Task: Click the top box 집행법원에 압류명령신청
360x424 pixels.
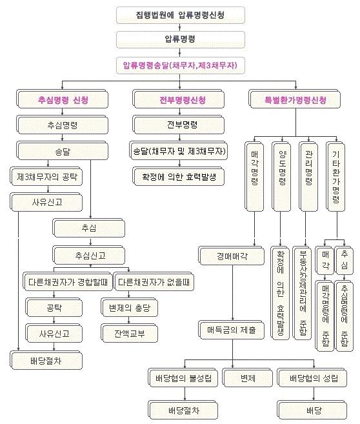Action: point(181,15)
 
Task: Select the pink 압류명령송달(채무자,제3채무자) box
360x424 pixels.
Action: point(181,65)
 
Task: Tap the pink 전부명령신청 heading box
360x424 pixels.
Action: point(179,99)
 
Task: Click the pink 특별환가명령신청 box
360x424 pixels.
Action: point(295,99)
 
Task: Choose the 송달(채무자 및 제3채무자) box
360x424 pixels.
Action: point(178,150)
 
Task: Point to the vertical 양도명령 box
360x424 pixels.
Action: point(281,176)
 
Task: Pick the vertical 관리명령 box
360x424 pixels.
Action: point(308,176)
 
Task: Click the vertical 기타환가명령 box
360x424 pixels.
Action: point(335,176)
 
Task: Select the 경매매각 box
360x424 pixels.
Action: point(232,256)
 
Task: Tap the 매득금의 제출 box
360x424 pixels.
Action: point(232,330)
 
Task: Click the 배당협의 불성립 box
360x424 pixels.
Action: point(183,378)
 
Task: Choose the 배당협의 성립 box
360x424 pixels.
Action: point(312,378)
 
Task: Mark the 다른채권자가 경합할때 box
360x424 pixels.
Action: point(68,281)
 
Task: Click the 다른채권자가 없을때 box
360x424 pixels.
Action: point(154,281)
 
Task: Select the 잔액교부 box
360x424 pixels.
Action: point(130,333)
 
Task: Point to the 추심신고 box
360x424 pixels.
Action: point(89,255)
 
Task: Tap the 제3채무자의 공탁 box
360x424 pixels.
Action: point(46,176)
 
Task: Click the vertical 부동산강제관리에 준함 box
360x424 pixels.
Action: point(302,293)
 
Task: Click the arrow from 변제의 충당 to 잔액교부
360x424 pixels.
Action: point(129,320)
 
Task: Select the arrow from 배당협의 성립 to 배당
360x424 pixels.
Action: point(314,394)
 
